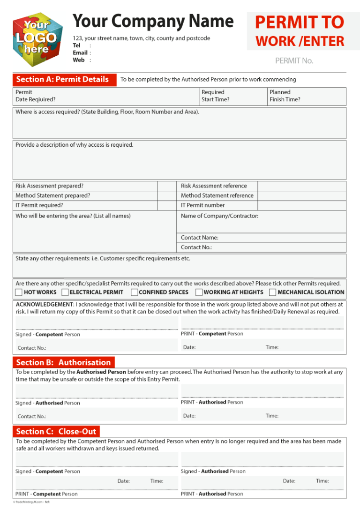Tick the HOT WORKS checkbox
coord(18,292)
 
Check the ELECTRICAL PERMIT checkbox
coord(66,292)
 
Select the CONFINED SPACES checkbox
coord(135,292)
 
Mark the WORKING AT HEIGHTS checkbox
coord(199,292)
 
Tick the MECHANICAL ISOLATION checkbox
coord(272,292)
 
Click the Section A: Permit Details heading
coord(62,79)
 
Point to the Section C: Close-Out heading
coord(56,431)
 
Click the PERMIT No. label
coord(294,60)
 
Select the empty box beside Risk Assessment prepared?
coord(167,186)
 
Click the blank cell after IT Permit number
coord(301,205)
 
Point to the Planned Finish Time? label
coord(285,96)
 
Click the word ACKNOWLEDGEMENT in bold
coord(45,304)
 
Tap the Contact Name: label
coord(200,238)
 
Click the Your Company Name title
coord(153,21)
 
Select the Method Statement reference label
coord(217,195)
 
